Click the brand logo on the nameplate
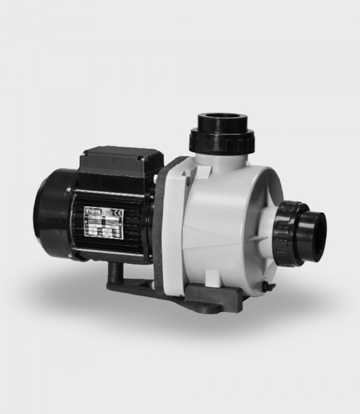click(92, 210)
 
